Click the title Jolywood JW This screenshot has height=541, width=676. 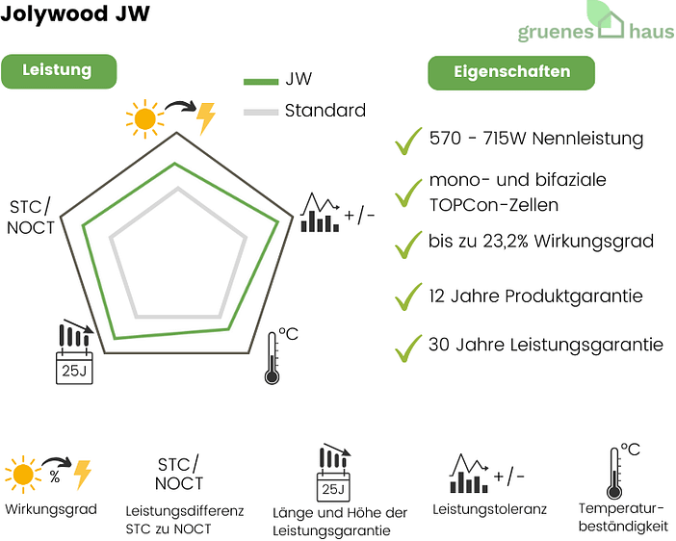[x=75, y=17]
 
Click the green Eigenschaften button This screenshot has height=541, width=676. [x=511, y=72]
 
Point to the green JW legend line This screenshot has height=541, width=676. [x=260, y=81]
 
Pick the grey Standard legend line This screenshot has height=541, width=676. [x=260, y=112]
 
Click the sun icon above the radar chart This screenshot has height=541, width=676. [x=144, y=117]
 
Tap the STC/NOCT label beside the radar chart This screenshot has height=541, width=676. [x=32, y=217]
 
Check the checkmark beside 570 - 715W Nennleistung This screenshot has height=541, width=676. [x=408, y=141]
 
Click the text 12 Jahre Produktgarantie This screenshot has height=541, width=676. [x=535, y=296]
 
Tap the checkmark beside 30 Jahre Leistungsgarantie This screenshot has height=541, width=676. [x=408, y=347]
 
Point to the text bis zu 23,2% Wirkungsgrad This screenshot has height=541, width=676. [x=541, y=241]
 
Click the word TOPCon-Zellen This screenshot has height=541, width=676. [x=493, y=204]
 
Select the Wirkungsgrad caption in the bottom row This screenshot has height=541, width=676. [x=50, y=508]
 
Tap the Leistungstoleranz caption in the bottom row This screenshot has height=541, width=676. [x=489, y=508]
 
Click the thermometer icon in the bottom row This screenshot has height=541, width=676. [x=614, y=472]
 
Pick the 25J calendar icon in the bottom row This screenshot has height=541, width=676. [x=333, y=475]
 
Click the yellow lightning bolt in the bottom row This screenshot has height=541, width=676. [x=82, y=474]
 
